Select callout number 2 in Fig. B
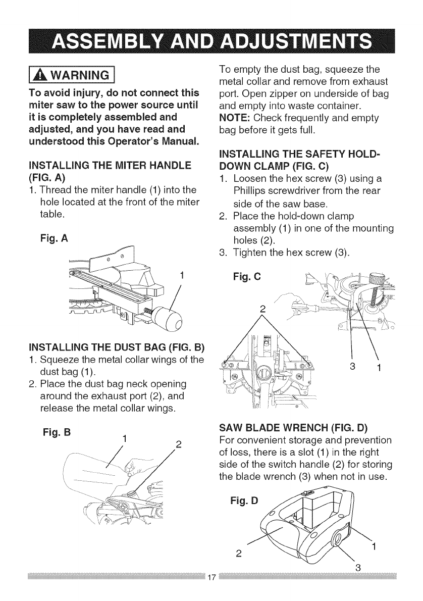point(178,445)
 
